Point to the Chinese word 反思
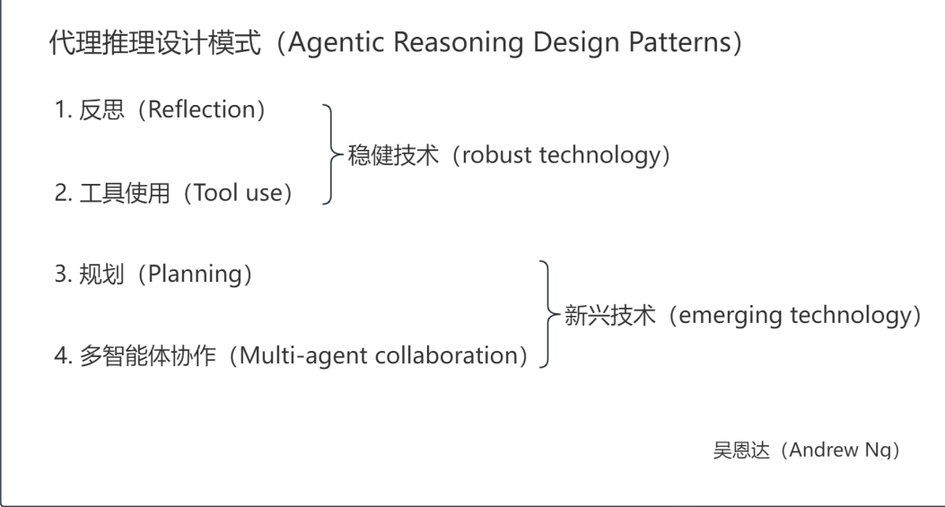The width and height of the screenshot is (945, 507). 96,111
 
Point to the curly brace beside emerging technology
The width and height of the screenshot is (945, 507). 547,314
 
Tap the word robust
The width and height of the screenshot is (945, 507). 500,154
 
